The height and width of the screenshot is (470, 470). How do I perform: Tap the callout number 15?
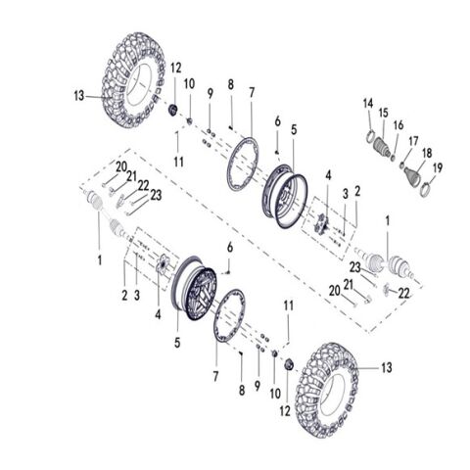coord(383,113)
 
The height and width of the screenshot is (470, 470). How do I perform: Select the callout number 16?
coord(399,126)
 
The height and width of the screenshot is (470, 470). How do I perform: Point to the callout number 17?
coord(413,140)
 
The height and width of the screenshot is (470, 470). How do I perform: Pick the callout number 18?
coord(426,154)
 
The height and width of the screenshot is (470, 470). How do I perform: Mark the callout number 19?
coord(438,167)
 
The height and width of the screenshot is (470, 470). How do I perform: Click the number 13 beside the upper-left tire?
coord(78,96)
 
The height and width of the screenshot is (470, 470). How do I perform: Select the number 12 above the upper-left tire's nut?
coord(176,68)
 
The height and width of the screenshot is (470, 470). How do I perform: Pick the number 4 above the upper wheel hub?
coord(328,176)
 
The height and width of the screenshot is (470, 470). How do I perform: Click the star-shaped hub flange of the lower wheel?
coord(163,265)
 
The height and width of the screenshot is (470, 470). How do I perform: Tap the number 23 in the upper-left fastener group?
coord(156,194)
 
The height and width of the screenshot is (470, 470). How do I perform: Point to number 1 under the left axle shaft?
coord(98,261)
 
